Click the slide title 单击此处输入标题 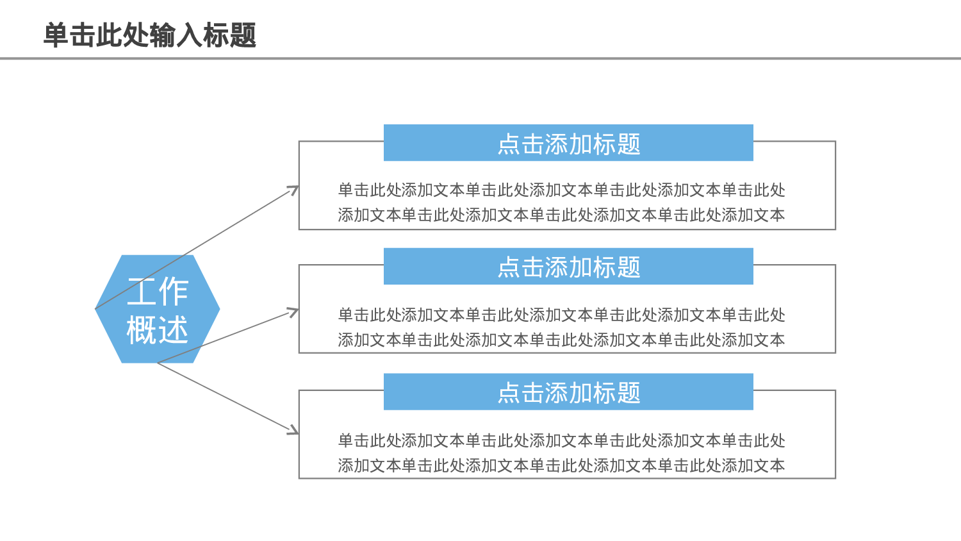150,35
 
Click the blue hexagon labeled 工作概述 158,310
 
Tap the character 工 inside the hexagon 142,292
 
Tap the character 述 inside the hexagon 173,330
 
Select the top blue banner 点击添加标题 568,143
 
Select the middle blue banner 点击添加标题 568,267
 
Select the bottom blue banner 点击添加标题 568,392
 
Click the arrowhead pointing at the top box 294,189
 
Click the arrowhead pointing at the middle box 293,312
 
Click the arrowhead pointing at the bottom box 293,430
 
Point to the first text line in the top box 561,190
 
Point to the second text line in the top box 561,215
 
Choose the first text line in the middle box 561,315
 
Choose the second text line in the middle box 561,340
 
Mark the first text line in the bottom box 561,440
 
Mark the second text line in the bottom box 561,465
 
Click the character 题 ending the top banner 629,144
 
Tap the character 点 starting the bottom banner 509,393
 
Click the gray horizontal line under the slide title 481,58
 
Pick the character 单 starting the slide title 56,35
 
